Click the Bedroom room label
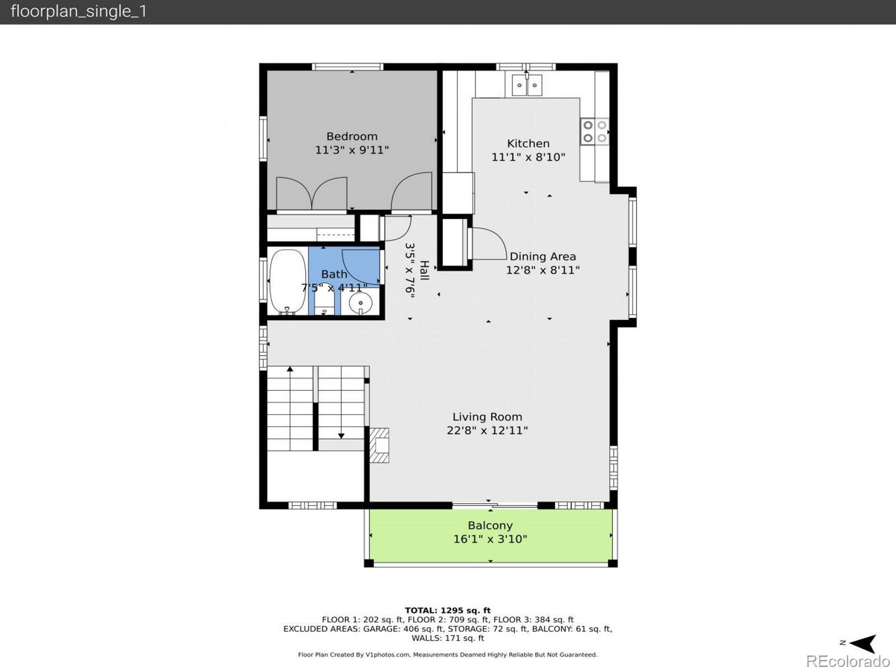(x=352, y=136)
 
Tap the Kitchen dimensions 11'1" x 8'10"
(x=528, y=157)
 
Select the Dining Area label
(x=543, y=256)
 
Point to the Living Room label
(x=487, y=417)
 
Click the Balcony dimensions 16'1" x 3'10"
(x=490, y=539)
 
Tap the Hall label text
(x=424, y=270)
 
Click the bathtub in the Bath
(x=288, y=282)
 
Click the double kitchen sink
(x=526, y=85)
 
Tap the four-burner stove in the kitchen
(x=595, y=132)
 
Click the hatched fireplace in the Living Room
(x=379, y=445)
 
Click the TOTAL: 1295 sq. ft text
(x=447, y=610)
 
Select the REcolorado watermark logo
(x=848, y=661)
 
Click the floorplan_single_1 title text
(x=78, y=11)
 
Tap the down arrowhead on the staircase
(x=341, y=436)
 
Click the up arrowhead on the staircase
(x=290, y=369)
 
